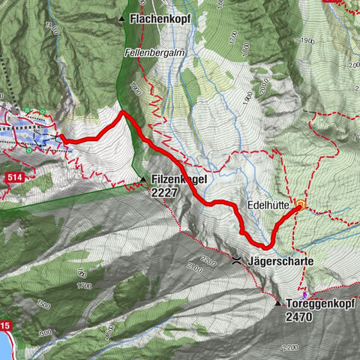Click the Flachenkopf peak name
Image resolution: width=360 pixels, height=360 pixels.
pos(160,17)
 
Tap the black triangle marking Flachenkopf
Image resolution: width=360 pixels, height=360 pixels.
pos(121,17)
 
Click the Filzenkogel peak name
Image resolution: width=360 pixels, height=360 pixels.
pos(181,180)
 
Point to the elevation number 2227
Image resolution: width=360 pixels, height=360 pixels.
pos(164,193)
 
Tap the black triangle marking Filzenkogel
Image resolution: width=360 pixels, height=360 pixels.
pos(142,179)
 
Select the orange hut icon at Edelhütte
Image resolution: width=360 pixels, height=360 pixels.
pos(301,203)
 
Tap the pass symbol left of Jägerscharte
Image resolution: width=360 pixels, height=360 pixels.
pos(238,261)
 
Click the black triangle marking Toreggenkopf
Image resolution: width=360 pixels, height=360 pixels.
pos(277,304)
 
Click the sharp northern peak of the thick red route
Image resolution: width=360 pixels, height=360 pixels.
pos(122,112)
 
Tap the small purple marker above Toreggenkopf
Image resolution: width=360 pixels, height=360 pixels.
pos(304,294)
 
